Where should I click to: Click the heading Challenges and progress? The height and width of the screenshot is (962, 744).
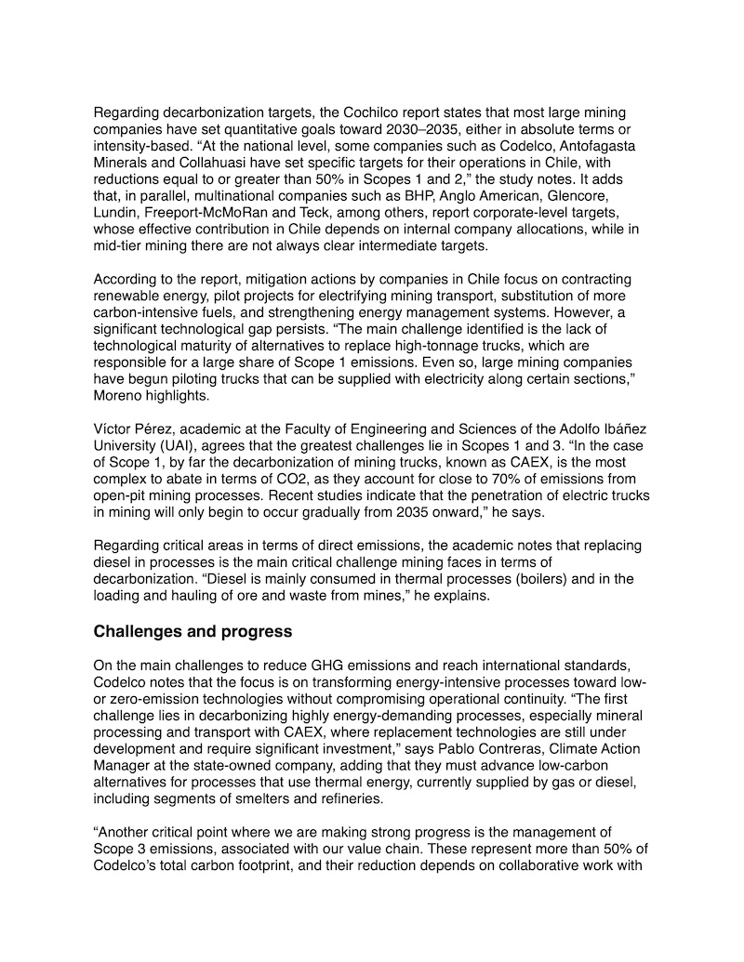point(193,632)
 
